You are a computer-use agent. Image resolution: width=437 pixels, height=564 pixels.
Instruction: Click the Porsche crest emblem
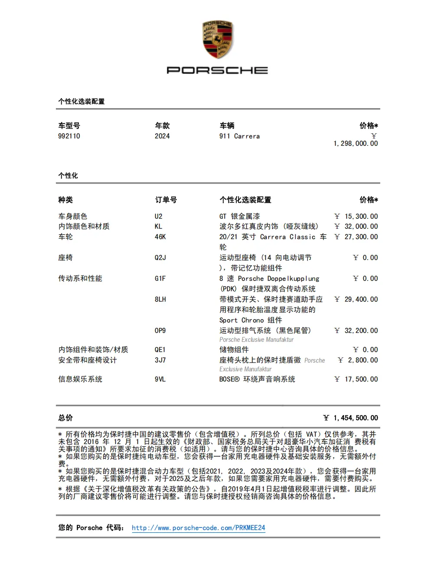218,40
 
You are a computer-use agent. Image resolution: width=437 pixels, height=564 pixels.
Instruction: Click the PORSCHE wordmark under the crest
217,70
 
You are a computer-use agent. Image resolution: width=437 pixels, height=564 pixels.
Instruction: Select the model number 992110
69,136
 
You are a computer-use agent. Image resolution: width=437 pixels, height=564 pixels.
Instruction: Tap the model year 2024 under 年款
162,136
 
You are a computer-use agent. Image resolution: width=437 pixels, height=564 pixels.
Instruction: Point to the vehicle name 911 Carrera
239,136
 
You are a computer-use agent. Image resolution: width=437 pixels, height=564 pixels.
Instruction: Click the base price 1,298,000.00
355,143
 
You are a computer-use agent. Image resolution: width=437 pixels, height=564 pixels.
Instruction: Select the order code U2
159,216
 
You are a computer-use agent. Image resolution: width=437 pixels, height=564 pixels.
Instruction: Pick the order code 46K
160,237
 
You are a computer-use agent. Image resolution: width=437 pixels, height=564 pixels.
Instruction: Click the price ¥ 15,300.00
356,216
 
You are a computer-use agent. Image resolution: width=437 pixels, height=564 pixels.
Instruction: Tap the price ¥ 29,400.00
356,299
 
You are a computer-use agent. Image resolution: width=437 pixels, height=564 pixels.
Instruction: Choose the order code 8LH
160,299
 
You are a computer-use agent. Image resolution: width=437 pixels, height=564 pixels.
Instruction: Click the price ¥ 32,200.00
356,330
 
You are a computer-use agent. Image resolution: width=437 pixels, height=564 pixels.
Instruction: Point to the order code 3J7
160,360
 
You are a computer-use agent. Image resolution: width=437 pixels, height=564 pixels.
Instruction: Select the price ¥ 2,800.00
358,360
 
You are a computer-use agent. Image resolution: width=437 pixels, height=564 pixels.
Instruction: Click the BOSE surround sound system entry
257,379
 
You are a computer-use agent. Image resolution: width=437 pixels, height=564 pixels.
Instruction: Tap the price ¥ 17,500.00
356,379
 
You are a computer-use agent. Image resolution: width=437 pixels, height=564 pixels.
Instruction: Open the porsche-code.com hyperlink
198,528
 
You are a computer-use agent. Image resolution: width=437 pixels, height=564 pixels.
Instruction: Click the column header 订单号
166,200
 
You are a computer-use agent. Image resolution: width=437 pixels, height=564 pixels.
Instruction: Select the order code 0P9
160,330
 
